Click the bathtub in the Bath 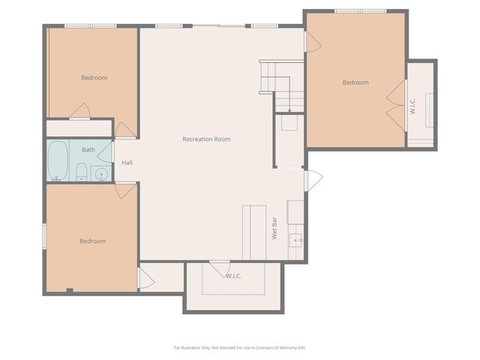(x=58, y=160)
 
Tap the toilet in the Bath (x=81, y=173)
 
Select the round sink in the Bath (x=101, y=175)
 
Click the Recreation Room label (x=206, y=139)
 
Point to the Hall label (x=127, y=162)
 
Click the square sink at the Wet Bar (x=296, y=240)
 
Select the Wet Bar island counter (x=254, y=232)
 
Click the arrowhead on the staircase (x=289, y=110)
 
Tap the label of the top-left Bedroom (x=94, y=78)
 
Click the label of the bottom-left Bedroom (x=93, y=241)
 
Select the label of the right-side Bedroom (x=355, y=82)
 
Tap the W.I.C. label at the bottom (x=233, y=276)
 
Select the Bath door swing (x=105, y=151)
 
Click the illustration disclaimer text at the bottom (x=240, y=347)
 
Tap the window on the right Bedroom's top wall (x=360, y=11)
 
